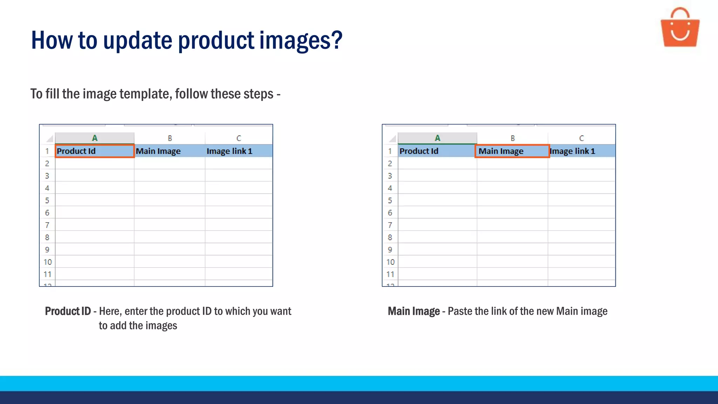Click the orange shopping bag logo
680,28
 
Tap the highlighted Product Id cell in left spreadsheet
94,151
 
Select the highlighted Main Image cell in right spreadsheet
512,151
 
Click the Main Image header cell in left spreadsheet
169,151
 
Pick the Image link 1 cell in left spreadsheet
238,151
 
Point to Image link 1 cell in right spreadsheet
581,151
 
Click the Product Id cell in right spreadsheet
437,151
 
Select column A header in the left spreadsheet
94,138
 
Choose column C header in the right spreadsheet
581,138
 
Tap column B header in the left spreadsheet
170,138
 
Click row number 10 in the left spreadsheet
47,262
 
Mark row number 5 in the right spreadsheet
390,201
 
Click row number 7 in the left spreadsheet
47,225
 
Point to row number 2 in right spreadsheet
390,163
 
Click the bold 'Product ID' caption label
68,311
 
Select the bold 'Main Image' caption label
414,311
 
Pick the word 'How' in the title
52,41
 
